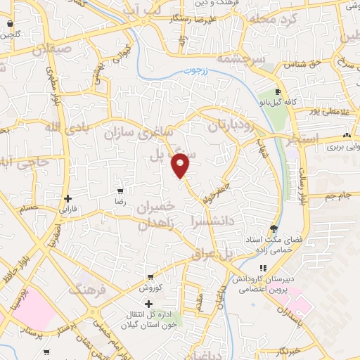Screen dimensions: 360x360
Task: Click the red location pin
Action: pyautogui.click(x=181, y=165)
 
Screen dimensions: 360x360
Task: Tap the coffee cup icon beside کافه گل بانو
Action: pyautogui.click(x=278, y=92)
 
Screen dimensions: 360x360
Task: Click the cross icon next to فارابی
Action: pyautogui.click(x=67, y=198)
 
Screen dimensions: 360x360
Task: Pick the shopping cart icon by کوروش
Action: pyautogui.click(x=150, y=277)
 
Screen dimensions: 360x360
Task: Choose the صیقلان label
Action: pyautogui.click(x=49, y=50)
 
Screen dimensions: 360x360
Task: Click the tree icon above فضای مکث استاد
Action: pyautogui.click(x=274, y=229)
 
